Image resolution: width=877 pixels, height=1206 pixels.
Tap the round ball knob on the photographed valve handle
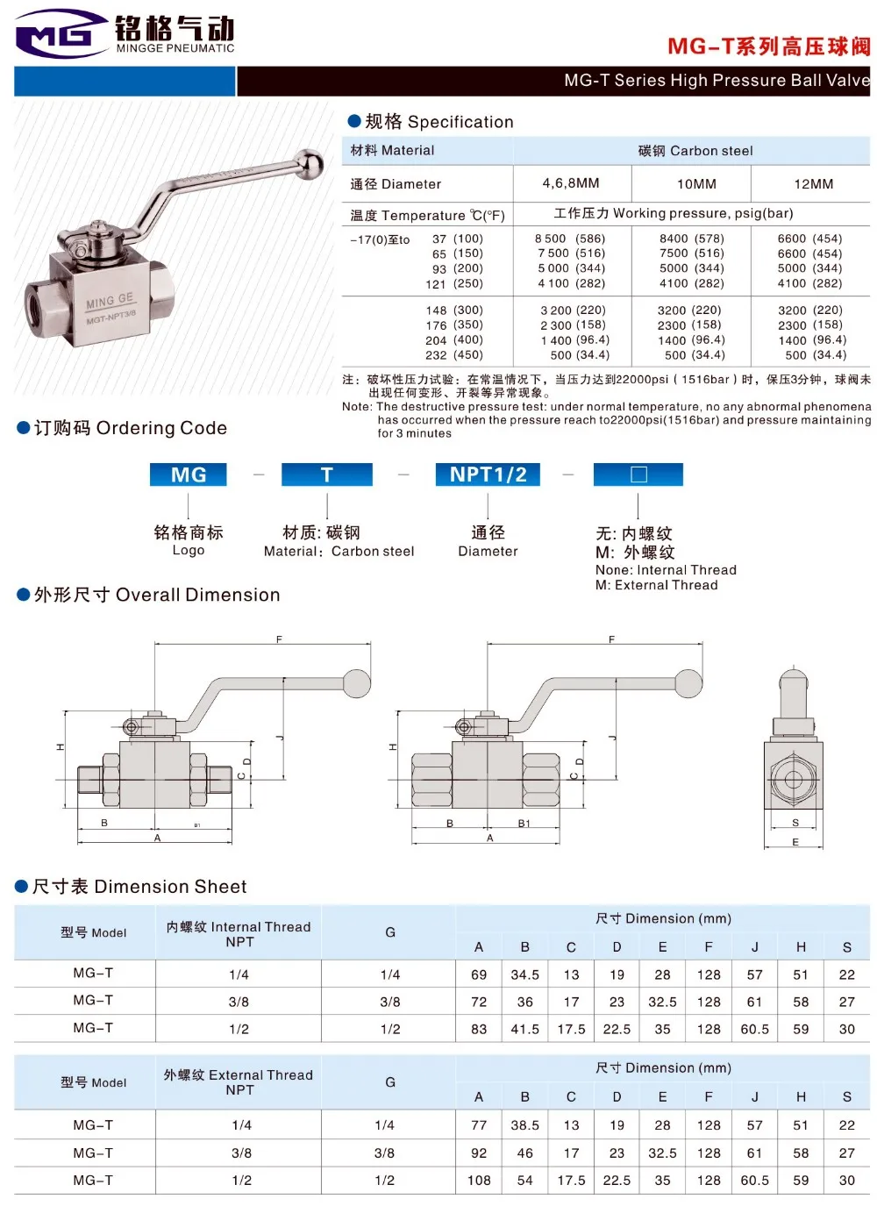pyautogui.click(x=309, y=163)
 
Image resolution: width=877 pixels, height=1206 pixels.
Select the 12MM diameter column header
pyautogui.click(x=813, y=184)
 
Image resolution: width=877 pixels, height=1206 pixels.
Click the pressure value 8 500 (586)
pyautogui.click(x=571, y=239)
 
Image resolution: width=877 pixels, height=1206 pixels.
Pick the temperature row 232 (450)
pyautogui.click(x=453, y=355)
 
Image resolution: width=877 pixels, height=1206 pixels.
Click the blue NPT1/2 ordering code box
pyautogui.click(x=488, y=475)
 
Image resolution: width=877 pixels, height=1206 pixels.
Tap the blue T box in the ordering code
pyautogui.click(x=326, y=475)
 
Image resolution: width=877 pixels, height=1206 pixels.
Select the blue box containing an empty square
pyautogui.click(x=638, y=475)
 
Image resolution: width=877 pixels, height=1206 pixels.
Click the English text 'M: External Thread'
pyautogui.click(x=656, y=585)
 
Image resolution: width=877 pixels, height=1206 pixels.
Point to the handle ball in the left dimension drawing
pyautogui.click(x=357, y=683)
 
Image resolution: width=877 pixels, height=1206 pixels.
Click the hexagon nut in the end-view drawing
pyautogui.click(x=794, y=780)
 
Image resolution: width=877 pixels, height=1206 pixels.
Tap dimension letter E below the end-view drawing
pyautogui.click(x=795, y=842)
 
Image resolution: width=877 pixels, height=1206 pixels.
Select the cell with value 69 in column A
pyautogui.click(x=479, y=974)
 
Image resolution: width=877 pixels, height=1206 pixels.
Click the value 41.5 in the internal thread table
pyautogui.click(x=524, y=1029)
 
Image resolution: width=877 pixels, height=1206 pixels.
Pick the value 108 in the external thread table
pyautogui.click(x=479, y=1181)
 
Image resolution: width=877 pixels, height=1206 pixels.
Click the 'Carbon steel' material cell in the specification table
pyautogui.click(x=695, y=151)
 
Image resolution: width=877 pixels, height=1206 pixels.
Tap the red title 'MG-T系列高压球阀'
pyautogui.click(x=768, y=46)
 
